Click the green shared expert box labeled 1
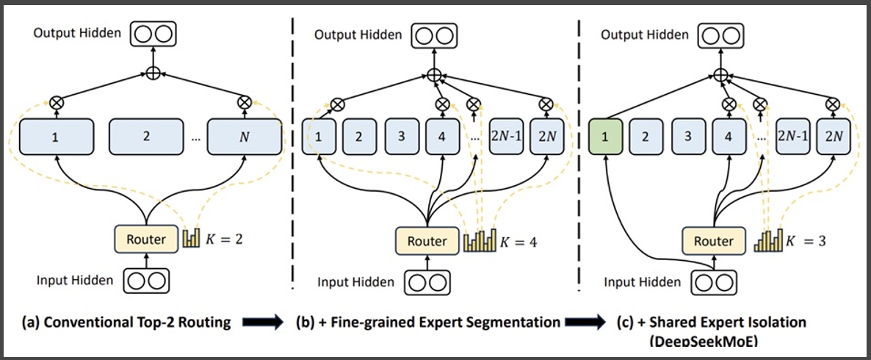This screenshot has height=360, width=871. click(x=605, y=136)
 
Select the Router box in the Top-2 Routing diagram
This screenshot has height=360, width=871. click(x=147, y=240)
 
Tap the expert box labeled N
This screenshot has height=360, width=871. click(x=245, y=136)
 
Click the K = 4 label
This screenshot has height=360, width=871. click(x=516, y=242)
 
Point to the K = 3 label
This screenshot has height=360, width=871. click(x=805, y=242)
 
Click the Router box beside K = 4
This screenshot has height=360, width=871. click(x=427, y=242)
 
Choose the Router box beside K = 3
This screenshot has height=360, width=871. click(x=714, y=242)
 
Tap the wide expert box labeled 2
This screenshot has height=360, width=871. click(x=146, y=136)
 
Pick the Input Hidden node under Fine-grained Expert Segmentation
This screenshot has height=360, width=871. click(x=427, y=281)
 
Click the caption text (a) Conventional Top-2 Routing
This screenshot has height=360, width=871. click(x=126, y=323)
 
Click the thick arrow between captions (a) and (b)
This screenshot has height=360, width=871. click(x=263, y=323)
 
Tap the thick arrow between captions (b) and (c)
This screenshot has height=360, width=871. click(x=585, y=323)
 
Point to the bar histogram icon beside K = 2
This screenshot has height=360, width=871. click(x=191, y=238)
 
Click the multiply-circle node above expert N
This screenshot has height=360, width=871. click(x=244, y=101)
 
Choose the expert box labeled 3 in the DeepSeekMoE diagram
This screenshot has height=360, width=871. click(x=687, y=136)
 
